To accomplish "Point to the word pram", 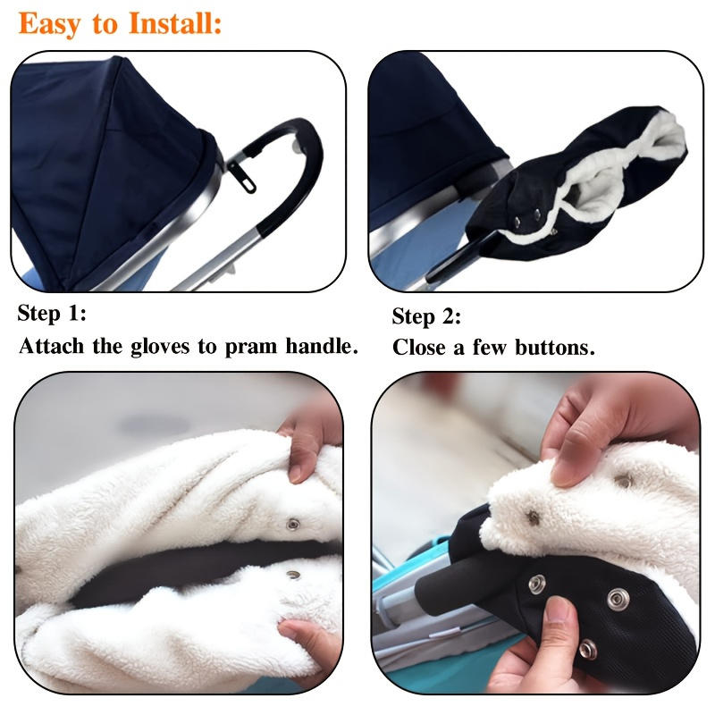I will coord(249,346).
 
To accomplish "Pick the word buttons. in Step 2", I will coord(554,348).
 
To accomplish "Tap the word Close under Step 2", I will coord(421,348).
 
